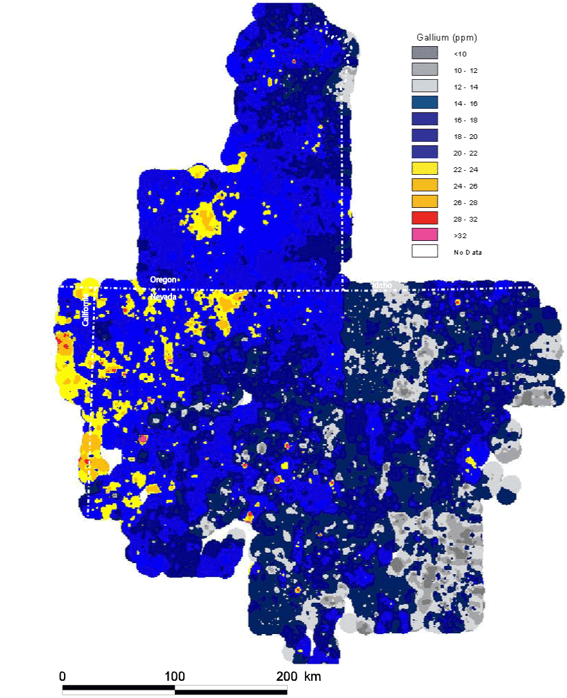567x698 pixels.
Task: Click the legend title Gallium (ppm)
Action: tap(447, 36)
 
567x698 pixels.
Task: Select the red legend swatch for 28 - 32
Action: tap(425, 219)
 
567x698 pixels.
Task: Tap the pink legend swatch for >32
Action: tap(425, 235)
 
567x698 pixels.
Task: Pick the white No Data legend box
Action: tap(425, 252)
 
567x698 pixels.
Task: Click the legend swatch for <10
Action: tap(425, 53)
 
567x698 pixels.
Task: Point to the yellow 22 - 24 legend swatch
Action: tap(425, 169)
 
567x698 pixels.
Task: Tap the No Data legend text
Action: tap(467, 253)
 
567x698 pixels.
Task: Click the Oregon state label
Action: tap(164, 279)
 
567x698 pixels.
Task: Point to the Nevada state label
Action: tap(164, 297)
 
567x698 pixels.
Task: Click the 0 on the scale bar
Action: tap(63, 676)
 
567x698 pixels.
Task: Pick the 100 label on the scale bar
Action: tap(175, 676)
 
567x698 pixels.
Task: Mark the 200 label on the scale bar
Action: tap(286, 676)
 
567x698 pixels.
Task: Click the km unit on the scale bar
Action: tap(312, 676)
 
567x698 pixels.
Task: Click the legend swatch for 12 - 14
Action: tap(425, 87)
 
